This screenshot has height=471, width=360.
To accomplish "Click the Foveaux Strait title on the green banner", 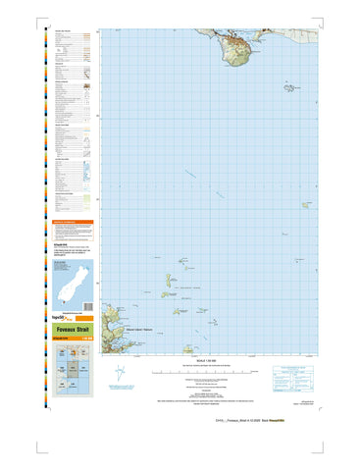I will (x=75, y=332).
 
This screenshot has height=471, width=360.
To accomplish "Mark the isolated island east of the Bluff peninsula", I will (x=290, y=88).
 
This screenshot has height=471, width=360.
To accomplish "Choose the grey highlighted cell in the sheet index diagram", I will (x=75, y=368).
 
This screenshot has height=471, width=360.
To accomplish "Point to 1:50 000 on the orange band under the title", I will (x=86, y=340).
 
